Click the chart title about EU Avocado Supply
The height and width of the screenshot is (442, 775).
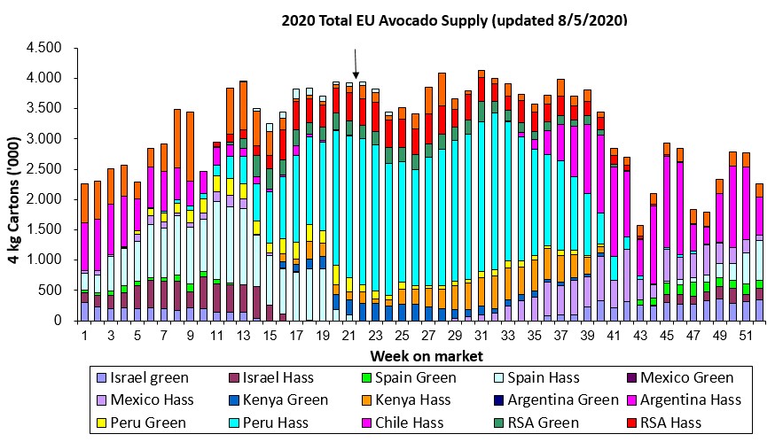click(x=454, y=19)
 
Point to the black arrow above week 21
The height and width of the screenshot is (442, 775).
click(x=356, y=64)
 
